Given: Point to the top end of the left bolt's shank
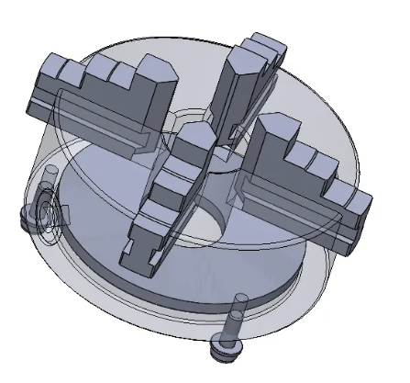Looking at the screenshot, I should click(x=50, y=175).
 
